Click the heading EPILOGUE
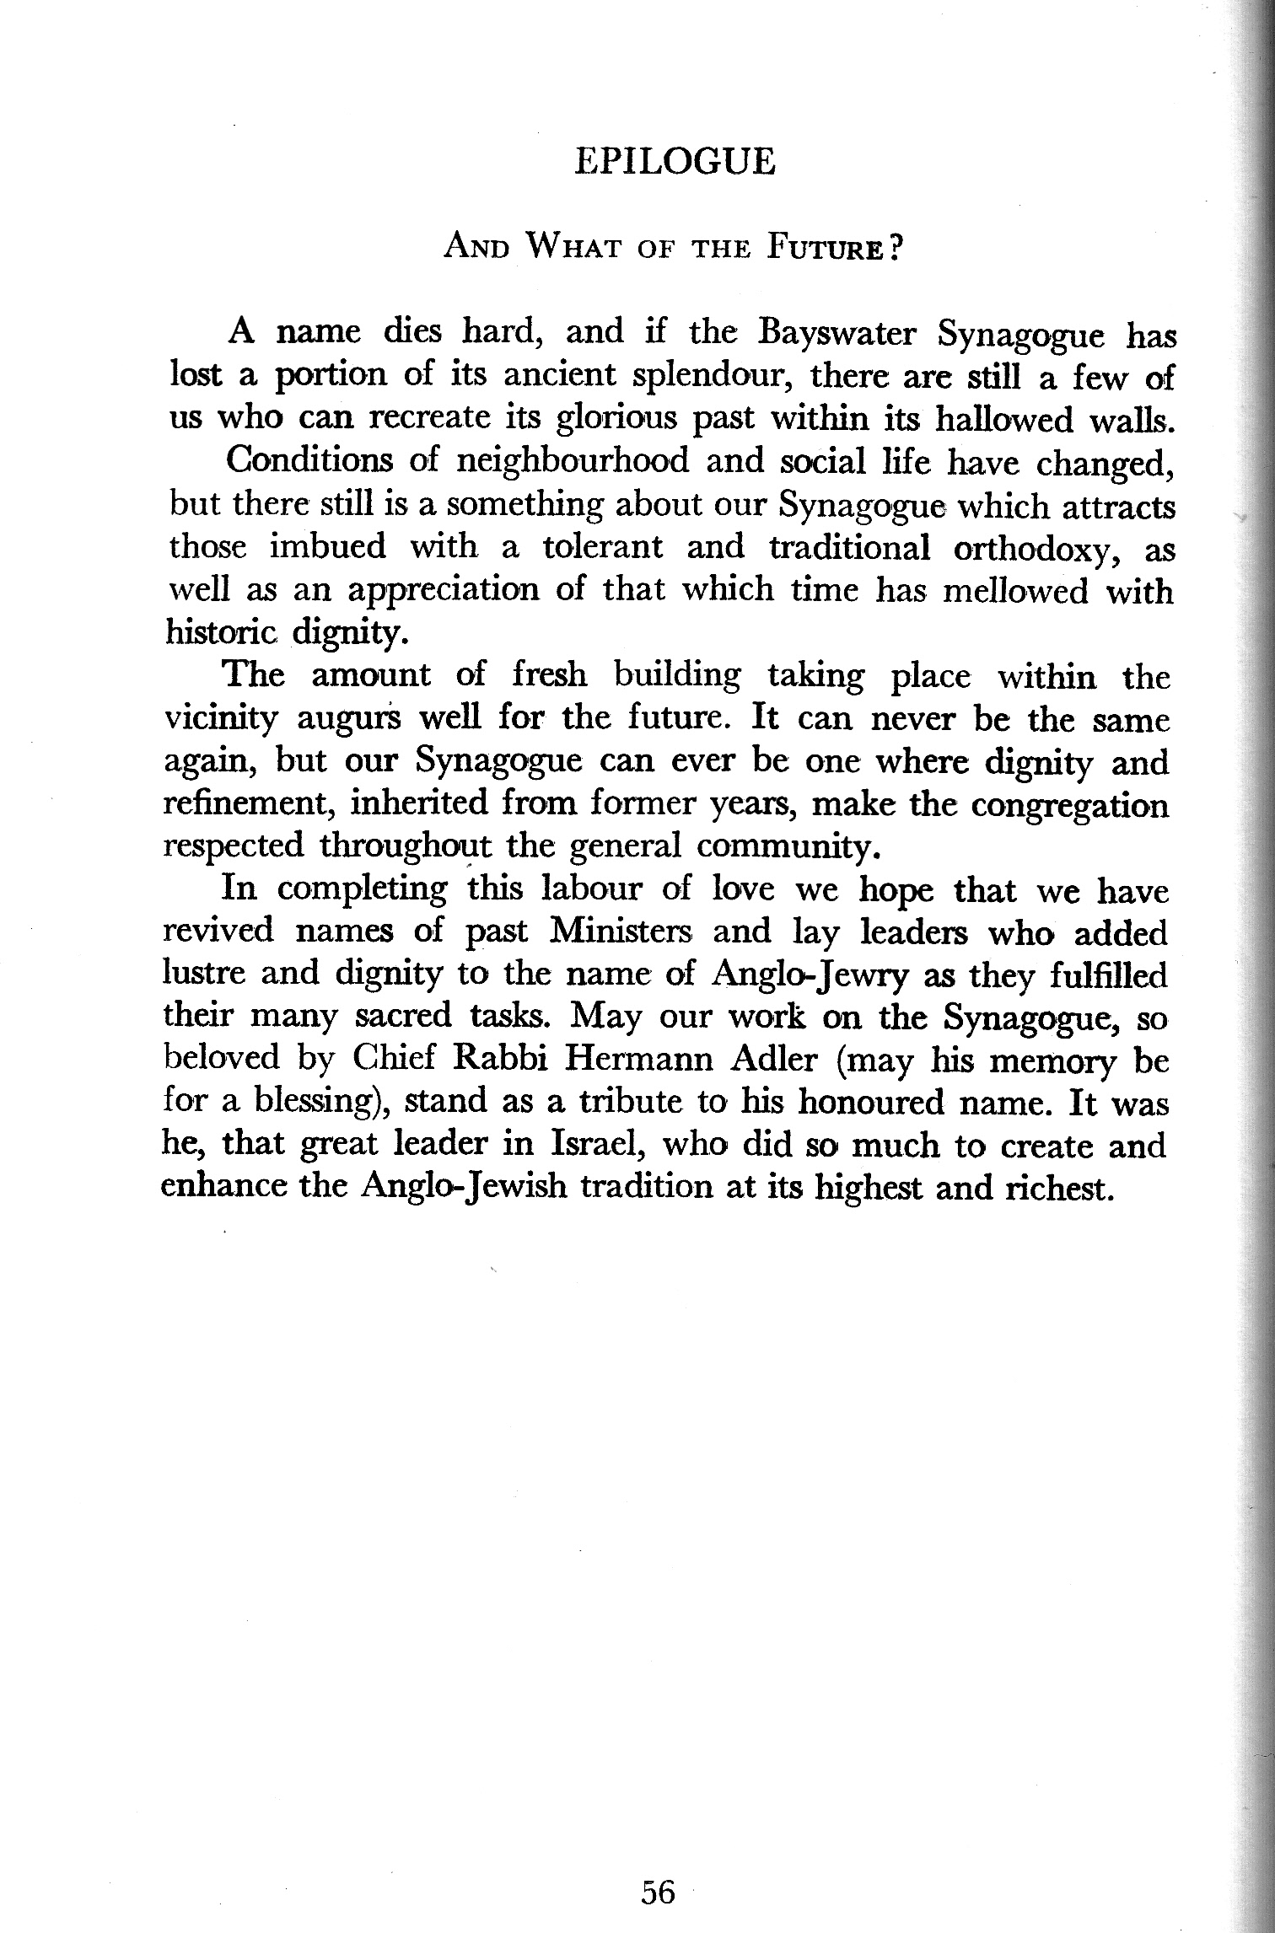[x=674, y=162]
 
